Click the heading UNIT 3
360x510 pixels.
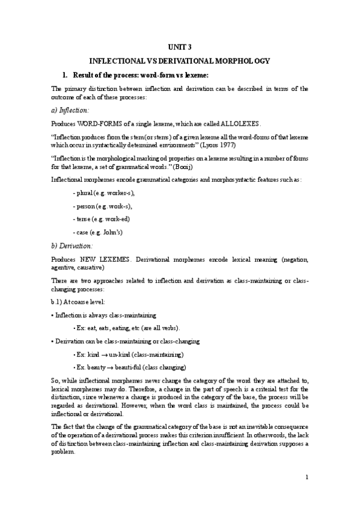(180, 47)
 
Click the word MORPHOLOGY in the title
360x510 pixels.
(240, 61)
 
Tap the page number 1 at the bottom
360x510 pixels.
(307, 478)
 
